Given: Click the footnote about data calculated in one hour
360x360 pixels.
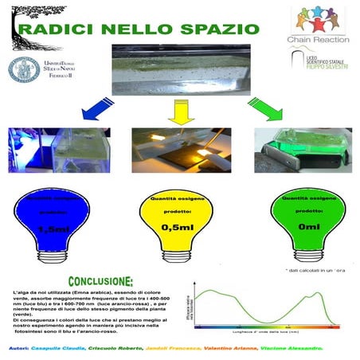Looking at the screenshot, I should pyautogui.click(x=311, y=272).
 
